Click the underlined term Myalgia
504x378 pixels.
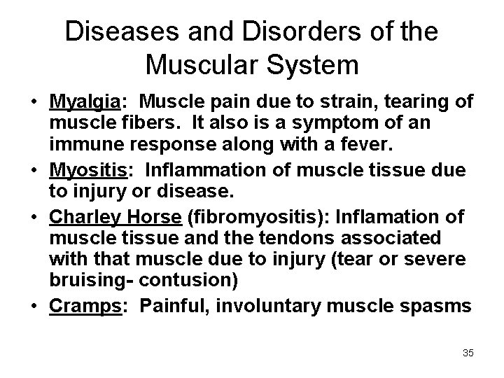(x=85, y=102)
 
